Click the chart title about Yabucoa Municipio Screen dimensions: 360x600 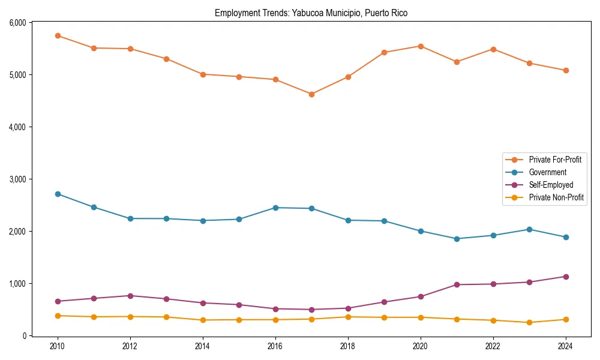311,13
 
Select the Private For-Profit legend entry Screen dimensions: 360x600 554,160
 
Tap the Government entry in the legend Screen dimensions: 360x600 547,172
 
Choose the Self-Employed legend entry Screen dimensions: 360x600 551,185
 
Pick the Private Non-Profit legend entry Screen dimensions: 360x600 556,197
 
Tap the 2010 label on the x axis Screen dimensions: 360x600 58,347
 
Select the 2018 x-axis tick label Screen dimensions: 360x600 348,347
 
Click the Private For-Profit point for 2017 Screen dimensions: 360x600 311,94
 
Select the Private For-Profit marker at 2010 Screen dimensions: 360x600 58,36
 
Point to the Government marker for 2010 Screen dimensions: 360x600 58,194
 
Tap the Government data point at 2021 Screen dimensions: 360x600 457,239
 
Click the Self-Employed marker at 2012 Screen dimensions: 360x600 130,296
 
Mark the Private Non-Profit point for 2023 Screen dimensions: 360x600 529,322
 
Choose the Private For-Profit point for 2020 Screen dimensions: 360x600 421,46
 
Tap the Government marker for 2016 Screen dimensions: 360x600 275,208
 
